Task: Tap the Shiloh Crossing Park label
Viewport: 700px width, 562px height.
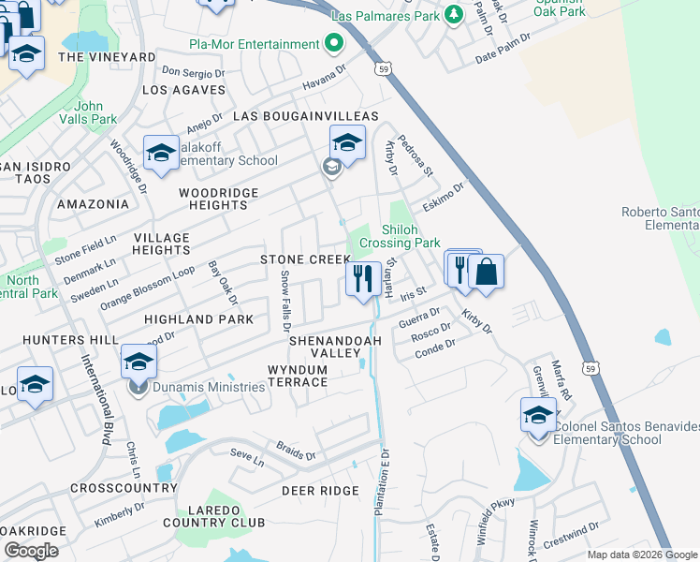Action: click(x=410, y=236)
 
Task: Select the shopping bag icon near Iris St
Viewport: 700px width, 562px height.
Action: click(x=486, y=272)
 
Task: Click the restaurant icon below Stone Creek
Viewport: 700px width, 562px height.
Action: click(x=362, y=278)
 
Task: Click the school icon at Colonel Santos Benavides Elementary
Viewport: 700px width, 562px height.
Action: click(x=538, y=416)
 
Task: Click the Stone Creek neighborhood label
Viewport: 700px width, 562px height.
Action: click(x=305, y=259)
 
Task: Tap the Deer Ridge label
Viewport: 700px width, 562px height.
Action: click(x=320, y=491)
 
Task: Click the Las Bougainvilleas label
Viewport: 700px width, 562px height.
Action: click(x=305, y=116)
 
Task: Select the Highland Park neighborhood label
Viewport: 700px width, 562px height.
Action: click(x=198, y=319)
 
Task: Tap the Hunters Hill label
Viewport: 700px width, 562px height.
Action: click(x=59, y=339)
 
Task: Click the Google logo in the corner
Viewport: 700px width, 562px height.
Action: click(x=32, y=550)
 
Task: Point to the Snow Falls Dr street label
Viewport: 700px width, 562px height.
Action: click(x=286, y=302)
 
